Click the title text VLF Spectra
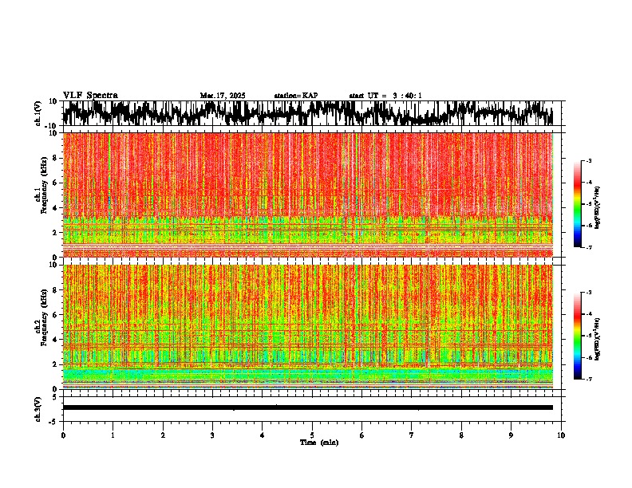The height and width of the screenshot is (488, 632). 90,96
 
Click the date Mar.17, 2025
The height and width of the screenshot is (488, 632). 223,96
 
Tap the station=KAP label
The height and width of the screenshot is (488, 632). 296,96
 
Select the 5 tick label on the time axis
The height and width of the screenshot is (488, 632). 312,435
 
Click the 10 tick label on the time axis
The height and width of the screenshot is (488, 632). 561,435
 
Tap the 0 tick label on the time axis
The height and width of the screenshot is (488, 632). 63,435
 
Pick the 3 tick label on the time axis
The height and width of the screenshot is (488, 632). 212,435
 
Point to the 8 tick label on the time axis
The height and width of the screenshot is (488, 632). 461,435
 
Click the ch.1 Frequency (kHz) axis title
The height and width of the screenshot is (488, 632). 40,195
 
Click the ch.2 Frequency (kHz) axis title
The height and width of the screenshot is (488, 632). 40,326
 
